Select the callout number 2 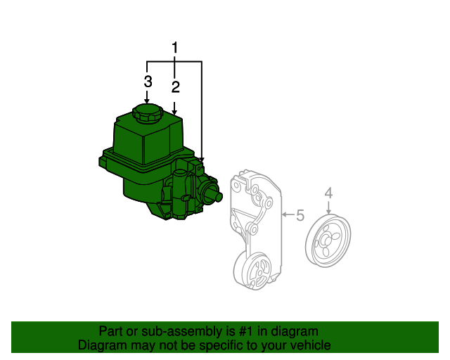pyautogui.click(x=175, y=86)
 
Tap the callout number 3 pyautogui.click(x=148, y=82)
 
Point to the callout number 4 pyautogui.click(x=328, y=193)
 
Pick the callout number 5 pyautogui.click(x=300, y=215)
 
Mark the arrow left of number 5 pyautogui.click(x=285, y=213)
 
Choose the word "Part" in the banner pyautogui.click(x=110, y=331)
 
